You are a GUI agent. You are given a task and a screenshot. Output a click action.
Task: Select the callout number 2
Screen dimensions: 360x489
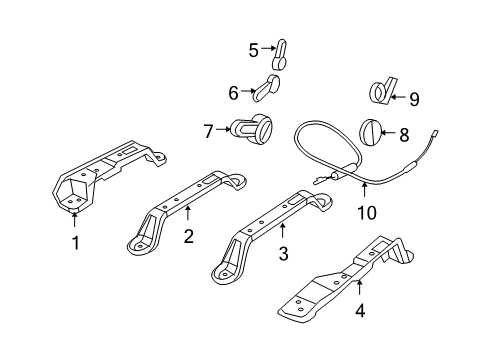pyautogui.click(x=187, y=236)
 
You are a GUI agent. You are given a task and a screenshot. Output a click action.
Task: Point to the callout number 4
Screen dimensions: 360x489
pyautogui.click(x=360, y=311)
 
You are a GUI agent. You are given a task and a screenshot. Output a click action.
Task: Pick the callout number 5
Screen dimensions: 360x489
pyautogui.click(x=253, y=47)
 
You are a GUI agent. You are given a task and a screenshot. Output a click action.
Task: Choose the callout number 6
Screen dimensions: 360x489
pyautogui.click(x=233, y=92)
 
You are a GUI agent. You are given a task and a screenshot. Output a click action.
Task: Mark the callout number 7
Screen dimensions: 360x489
pyautogui.click(x=209, y=130)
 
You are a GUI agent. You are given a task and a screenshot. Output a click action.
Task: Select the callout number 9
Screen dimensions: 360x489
pyautogui.click(x=415, y=97)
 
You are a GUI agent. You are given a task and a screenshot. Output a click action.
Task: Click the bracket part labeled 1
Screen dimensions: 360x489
pyautogui.click(x=100, y=176)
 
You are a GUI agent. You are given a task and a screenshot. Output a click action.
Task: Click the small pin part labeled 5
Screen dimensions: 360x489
pyautogui.click(x=281, y=50)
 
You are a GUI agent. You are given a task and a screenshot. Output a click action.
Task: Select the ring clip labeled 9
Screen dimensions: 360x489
pyautogui.click(x=381, y=92)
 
